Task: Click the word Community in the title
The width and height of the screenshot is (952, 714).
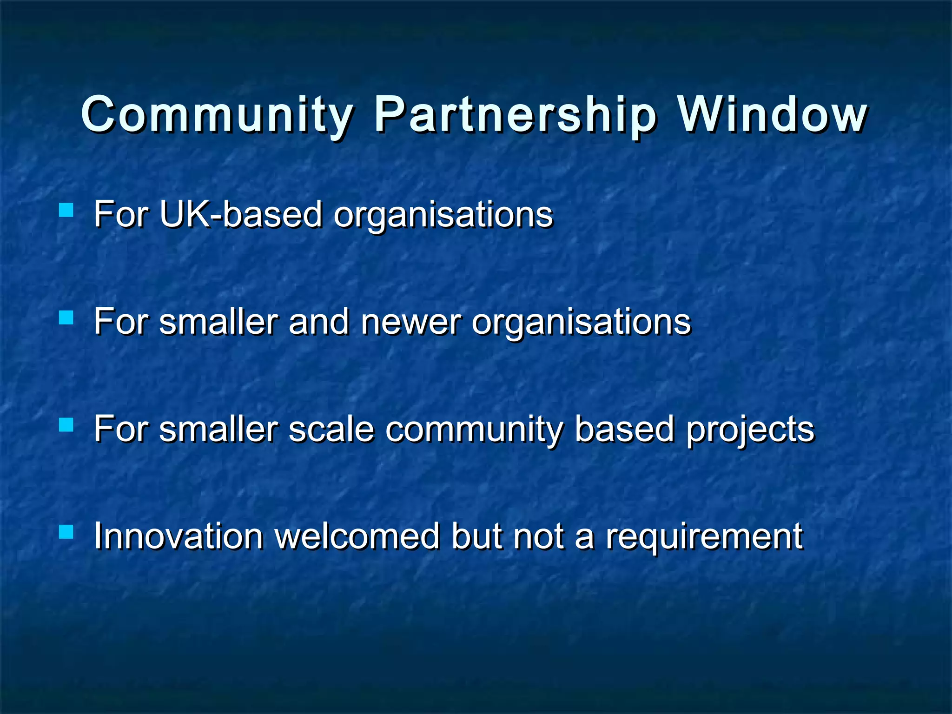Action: pos(217,115)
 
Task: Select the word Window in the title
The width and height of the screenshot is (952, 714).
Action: pos(772,115)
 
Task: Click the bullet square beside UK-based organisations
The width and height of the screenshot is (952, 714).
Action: pos(66,210)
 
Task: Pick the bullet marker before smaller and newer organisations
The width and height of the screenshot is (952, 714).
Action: pos(66,317)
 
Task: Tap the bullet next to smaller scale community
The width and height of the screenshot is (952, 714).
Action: pos(66,425)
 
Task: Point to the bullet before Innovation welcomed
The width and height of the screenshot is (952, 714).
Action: pos(66,531)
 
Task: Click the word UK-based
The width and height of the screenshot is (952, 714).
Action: pos(241,214)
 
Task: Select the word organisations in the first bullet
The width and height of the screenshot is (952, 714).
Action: pos(443,215)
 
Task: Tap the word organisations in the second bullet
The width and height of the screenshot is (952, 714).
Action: pos(581,323)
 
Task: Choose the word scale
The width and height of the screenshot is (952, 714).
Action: pos(331,429)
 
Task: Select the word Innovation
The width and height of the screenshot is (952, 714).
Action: pos(178,536)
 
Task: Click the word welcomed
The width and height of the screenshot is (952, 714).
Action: pos(357,536)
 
